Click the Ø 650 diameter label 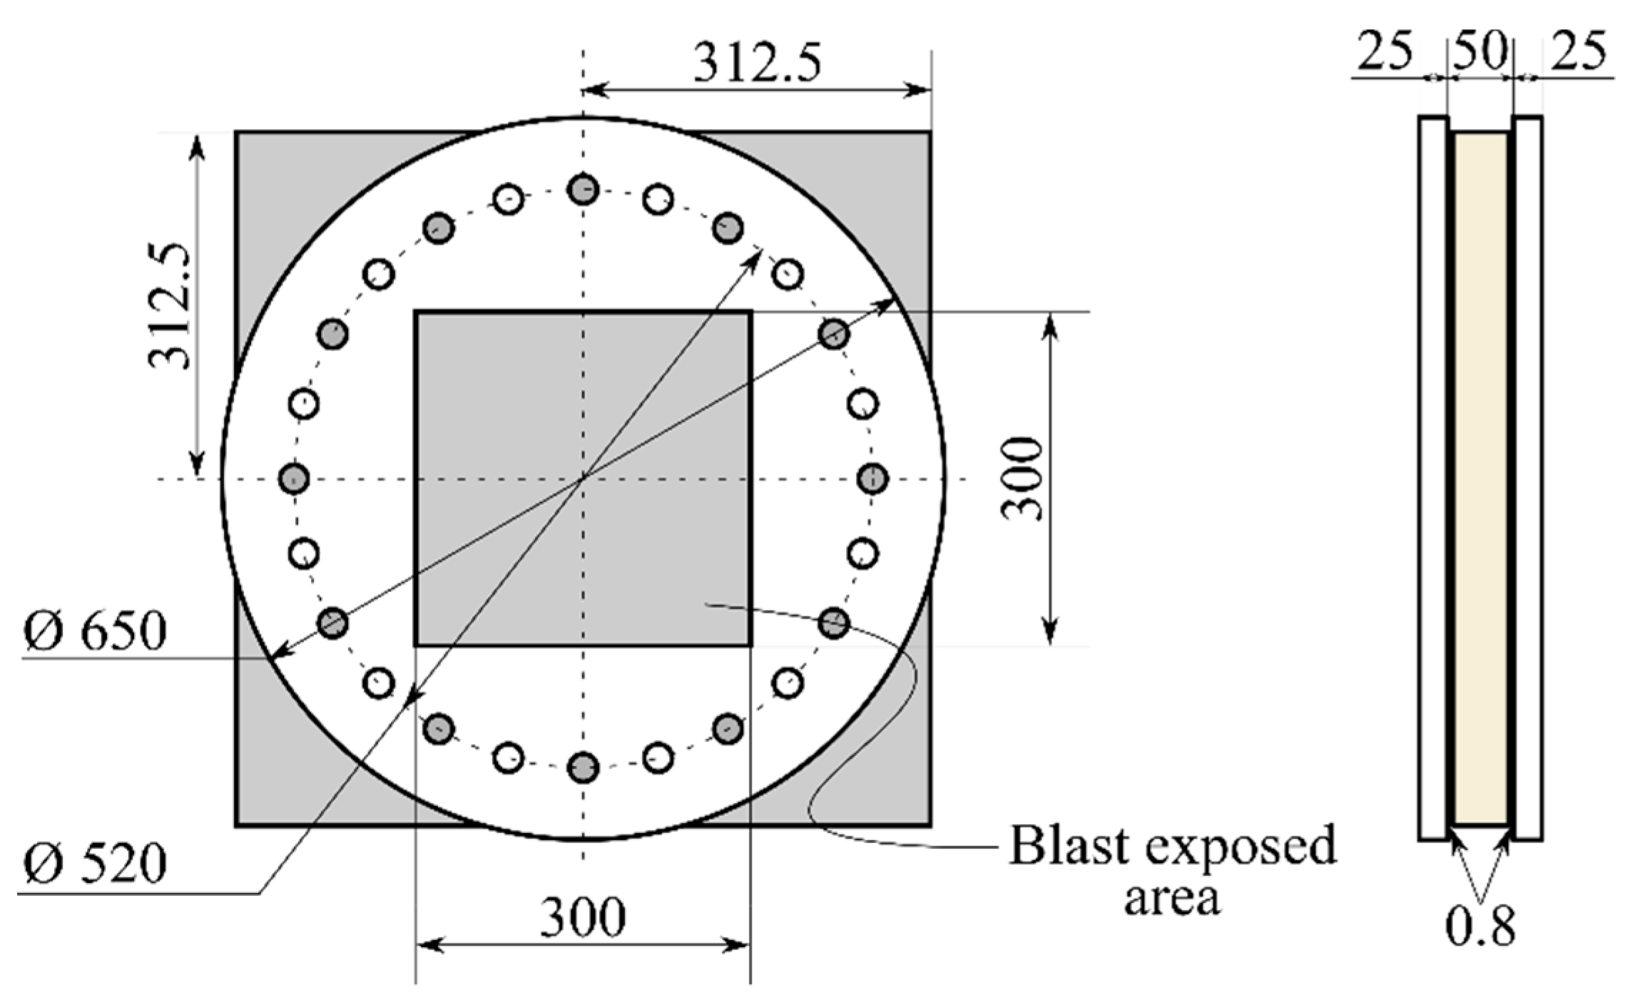(95, 631)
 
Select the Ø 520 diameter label (95, 863)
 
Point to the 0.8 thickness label (1480, 927)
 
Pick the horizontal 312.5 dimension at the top (758, 63)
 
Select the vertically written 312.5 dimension (171, 307)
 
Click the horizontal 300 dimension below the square (583, 917)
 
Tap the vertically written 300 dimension (1022, 479)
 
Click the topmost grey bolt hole (583, 190)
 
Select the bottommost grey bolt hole (583, 767)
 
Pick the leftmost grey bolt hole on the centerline (294, 478)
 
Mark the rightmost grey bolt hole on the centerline (872, 478)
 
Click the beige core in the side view (1481, 478)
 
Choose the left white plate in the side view (1432, 478)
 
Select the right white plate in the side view (1528, 478)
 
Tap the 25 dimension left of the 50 (1384, 51)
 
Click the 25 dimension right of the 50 (1579, 51)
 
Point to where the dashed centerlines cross (583, 479)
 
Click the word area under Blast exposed (1171, 897)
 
